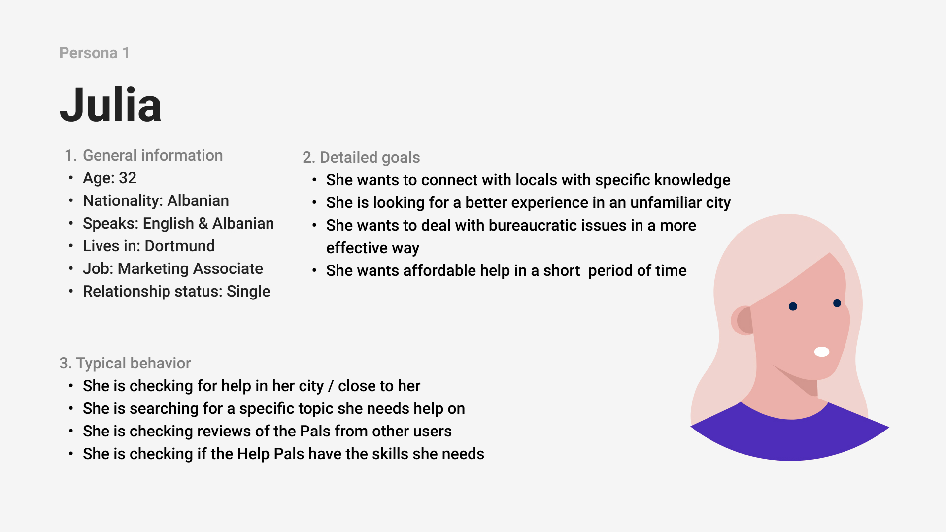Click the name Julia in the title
tap(110, 104)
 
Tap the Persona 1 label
tap(94, 53)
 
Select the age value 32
tap(128, 178)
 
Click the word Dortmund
tap(180, 246)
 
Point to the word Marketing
tap(153, 269)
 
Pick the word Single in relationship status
tap(248, 292)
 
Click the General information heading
tap(143, 155)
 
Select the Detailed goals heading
tap(361, 157)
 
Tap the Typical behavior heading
tap(125, 363)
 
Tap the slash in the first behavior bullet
tap(331, 386)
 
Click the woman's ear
tap(743, 321)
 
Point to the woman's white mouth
tap(822, 352)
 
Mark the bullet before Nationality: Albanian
tap(71, 200)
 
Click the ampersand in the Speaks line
tap(203, 224)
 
